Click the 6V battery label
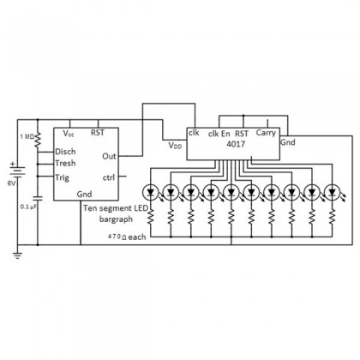pos(12,183)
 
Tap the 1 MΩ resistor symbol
pos(38,140)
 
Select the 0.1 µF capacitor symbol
pos(38,198)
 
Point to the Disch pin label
pos(65,152)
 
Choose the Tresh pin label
pos(65,164)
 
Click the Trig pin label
pos(62,177)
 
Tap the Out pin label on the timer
pos(109,156)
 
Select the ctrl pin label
pos(109,177)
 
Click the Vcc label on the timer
pos(69,133)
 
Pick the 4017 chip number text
pos(236,144)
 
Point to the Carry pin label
pos(266,133)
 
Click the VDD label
pos(175,146)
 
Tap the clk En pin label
pos(219,134)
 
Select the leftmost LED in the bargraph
pos(150,192)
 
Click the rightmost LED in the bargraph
pos(333,192)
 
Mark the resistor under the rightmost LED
pos(332,216)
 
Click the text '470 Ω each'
pos(127,237)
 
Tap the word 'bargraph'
pos(116,219)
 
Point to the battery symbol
pos(17,171)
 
